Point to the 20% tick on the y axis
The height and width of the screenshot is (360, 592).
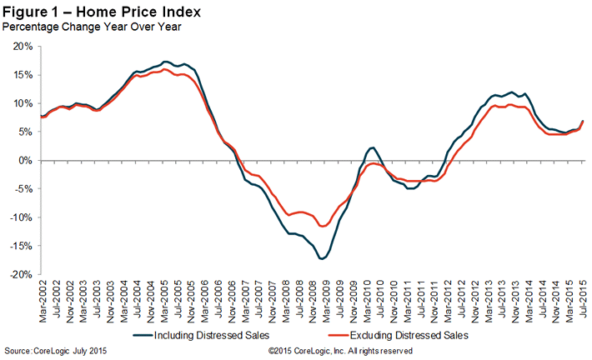coord(22,47)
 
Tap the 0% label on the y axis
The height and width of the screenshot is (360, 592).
coord(24,161)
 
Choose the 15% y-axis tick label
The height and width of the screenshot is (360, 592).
coord(22,75)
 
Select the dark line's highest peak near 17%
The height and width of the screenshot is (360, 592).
coord(166,62)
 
